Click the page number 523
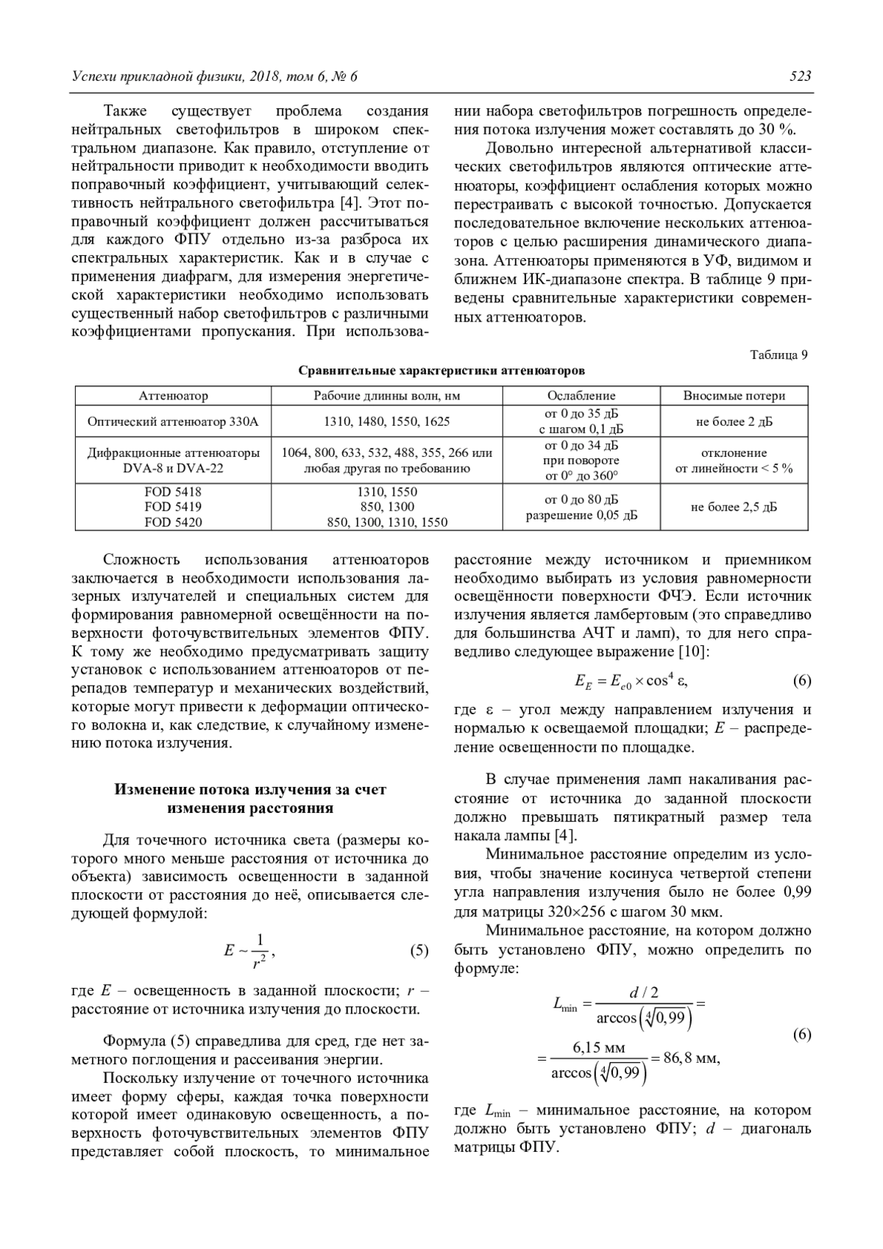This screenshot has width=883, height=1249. pyautogui.click(x=800, y=76)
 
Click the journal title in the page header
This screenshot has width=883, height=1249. pyautogui.click(x=214, y=76)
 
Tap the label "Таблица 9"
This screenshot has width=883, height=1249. pyautogui.click(x=779, y=355)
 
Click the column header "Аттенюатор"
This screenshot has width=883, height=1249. pyautogui.click(x=173, y=396)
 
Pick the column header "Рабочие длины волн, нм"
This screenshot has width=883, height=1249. pyautogui.click(x=387, y=396)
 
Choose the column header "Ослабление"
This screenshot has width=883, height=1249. pyautogui.click(x=581, y=396)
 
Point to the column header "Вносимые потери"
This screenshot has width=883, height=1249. pyautogui.click(x=734, y=396)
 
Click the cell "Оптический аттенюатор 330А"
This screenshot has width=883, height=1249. pyautogui.click(x=173, y=422)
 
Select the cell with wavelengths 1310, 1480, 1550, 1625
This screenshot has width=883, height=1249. pyautogui.click(x=387, y=422)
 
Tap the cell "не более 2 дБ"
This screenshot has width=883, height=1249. pyautogui.click(x=734, y=422)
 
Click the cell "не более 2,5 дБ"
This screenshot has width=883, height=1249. pyautogui.click(x=734, y=507)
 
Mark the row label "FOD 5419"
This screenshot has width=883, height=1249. pyautogui.click(x=173, y=507)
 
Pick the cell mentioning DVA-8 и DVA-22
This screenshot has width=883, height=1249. pyautogui.click(x=173, y=461)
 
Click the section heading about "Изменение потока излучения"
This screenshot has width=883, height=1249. pyautogui.click(x=250, y=799)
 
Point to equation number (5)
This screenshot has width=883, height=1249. pyautogui.click(x=419, y=950)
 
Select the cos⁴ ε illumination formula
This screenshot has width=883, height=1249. pyautogui.click(x=631, y=680)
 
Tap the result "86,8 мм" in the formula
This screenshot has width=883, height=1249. pyautogui.click(x=691, y=1058)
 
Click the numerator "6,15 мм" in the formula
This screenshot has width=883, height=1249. pyautogui.click(x=598, y=1047)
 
